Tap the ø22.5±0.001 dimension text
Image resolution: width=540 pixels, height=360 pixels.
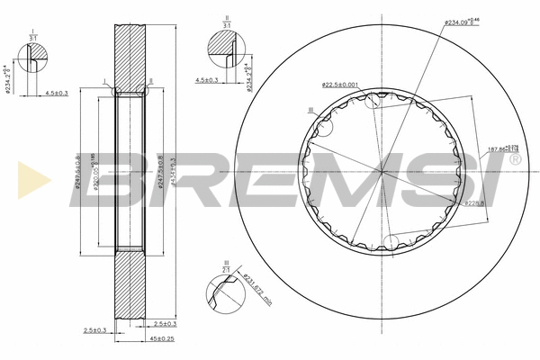(341, 85)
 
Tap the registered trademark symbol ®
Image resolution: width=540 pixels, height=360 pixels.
(514, 159)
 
